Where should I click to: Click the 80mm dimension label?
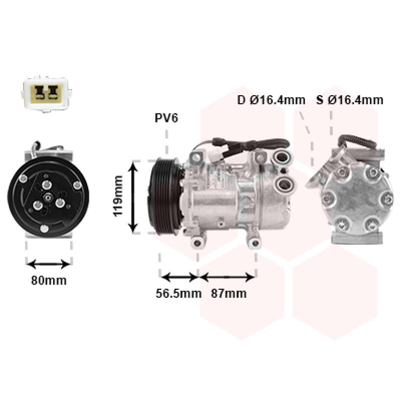click(x=49, y=281)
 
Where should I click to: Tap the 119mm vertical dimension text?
click(x=118, y=196)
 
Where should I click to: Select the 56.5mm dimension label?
click(x=178, y=293)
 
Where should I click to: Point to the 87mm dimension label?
click(x=229, y=293)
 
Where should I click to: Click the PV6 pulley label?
click(x=166, y=118)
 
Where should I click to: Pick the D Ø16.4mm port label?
click(x=271, y=100)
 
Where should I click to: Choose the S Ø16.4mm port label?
click(x=349, y=100)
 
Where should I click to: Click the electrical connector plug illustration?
click(x=46, y=94)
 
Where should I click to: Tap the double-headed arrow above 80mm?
click(x=49, y=264)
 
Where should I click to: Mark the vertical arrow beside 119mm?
click(x=133, y=196)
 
